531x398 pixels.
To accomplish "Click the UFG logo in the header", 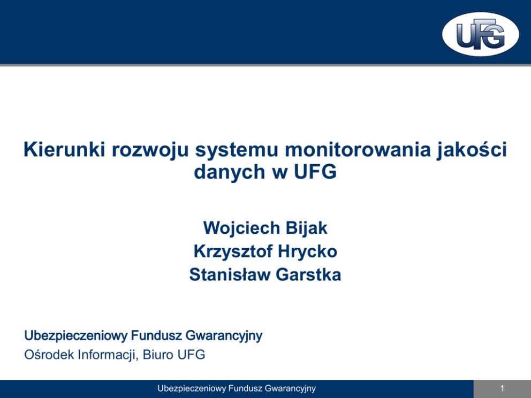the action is point(481,34).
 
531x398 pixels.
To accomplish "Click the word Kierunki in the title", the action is point(64,149).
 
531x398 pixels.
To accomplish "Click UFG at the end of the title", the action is point(315,171).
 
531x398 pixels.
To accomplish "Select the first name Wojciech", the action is point(241,228).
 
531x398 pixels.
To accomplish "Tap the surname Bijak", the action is point(307,228).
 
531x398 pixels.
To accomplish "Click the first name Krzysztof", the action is point(233,251).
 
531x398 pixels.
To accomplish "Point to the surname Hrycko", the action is point(307,251).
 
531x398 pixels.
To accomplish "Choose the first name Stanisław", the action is point(230,274).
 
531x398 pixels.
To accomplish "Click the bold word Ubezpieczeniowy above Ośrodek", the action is point(76,336).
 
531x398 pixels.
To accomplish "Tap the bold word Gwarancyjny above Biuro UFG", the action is point(224,336).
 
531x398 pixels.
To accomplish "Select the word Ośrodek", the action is point(49,355).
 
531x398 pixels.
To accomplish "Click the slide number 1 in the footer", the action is point(502,388).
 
